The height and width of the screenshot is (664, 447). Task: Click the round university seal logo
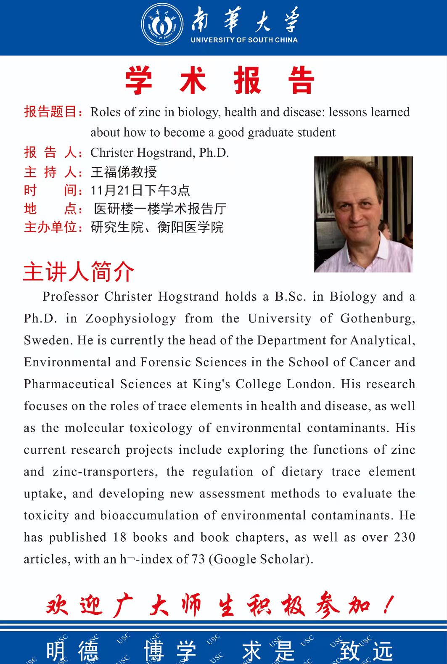(162, 24)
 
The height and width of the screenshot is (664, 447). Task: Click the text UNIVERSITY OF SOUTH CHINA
(244, 40)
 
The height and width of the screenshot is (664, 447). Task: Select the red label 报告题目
(50, 112)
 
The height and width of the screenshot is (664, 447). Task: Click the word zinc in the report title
(150, 112)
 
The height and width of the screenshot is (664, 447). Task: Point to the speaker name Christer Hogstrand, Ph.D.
(160, 153)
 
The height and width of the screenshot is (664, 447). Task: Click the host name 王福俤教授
(124, 172)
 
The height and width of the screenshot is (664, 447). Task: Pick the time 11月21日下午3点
(140, 190)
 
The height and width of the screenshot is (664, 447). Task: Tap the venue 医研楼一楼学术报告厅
(160, 209)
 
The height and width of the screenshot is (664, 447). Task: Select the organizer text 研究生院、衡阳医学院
(157, 227)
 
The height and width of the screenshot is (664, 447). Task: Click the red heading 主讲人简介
(79, 272)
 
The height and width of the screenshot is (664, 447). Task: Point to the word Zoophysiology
(131, 318)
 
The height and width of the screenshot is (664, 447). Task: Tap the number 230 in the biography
(405, 537)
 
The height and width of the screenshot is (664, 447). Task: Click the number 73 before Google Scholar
(198, 559)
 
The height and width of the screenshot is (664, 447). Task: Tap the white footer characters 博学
(170, 651)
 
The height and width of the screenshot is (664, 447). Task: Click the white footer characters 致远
(366, 651)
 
